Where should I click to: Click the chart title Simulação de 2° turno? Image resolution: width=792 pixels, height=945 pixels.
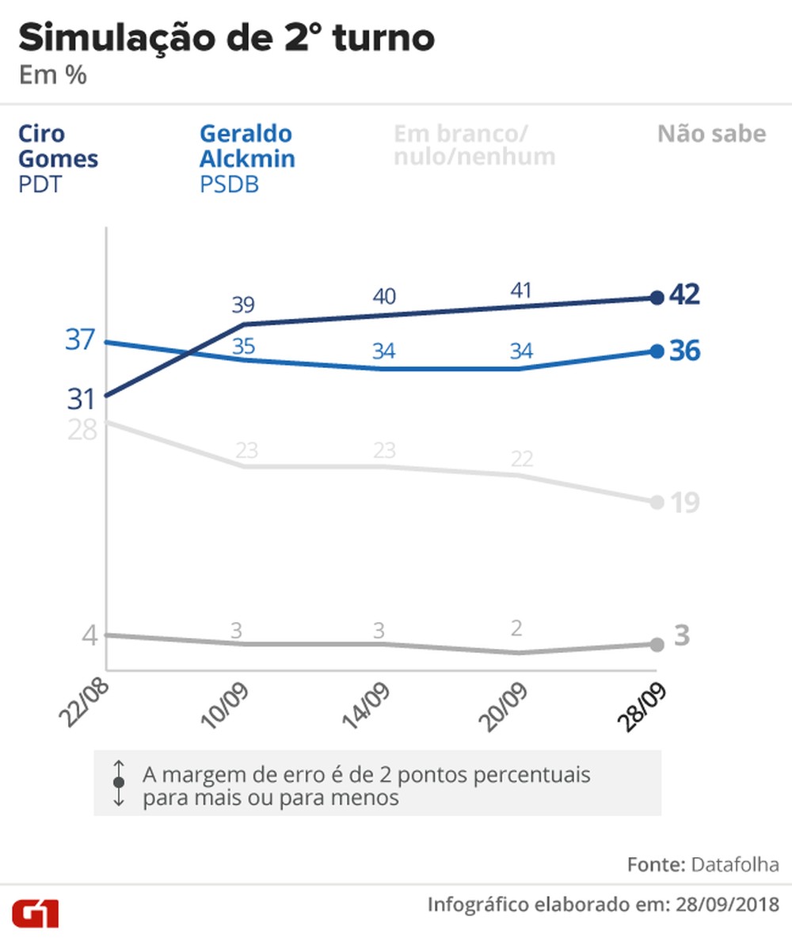click(x=226, y=37)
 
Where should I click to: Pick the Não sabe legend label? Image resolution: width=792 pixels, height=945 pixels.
click(x=711, y=133)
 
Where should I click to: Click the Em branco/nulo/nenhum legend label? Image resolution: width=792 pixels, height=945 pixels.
click(x=474, y=145)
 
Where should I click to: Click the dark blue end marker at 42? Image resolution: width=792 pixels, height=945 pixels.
click(x=657, y=298)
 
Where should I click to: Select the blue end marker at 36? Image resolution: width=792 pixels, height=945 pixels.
click(x=657, y=351)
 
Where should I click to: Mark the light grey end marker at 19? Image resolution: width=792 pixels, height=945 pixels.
click(x=657, y=502)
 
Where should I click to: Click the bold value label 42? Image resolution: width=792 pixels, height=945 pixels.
click(x=684, y=294)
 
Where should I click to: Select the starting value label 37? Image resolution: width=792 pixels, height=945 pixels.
click(x=80, y=340)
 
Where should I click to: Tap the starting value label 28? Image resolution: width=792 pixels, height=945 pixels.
click(x=81, y=430)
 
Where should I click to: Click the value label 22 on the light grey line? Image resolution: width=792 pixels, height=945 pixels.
click(x=521, y=459)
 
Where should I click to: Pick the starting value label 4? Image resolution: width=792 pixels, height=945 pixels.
click(x=89, y=635)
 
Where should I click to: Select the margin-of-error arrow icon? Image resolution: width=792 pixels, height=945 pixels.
click(x=119, y=782)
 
